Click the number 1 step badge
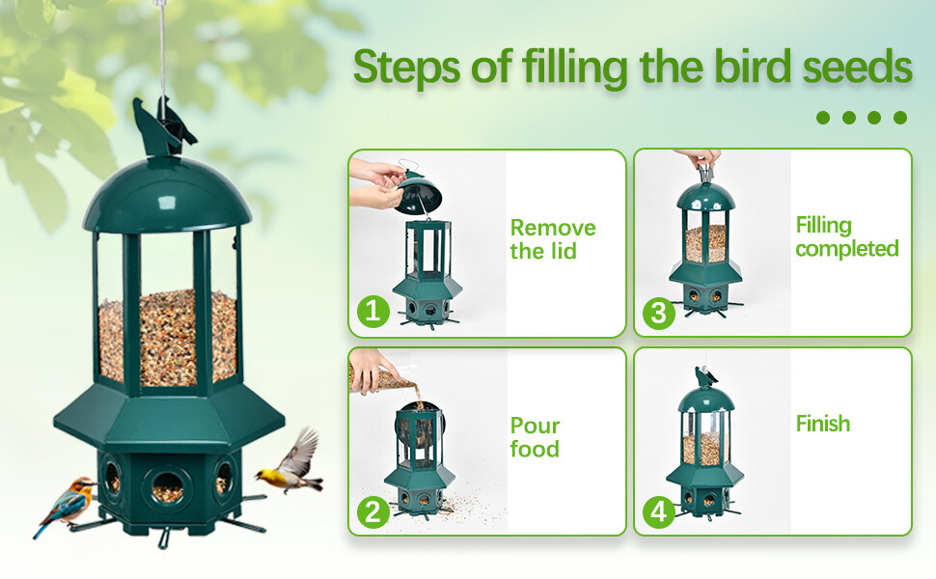click(373, 311)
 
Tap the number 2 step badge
click(373, 511)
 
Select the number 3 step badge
click(658, 313)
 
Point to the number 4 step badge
click(658, 511)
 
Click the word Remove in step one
click(553, 228)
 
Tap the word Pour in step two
click(535, 426)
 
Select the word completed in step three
click(847, 249)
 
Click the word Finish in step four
click(822, 424)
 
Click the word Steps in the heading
click(407, 67)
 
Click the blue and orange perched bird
click(67, 505)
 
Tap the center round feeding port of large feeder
click(167, 484)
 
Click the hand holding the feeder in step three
click(699, 158)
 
